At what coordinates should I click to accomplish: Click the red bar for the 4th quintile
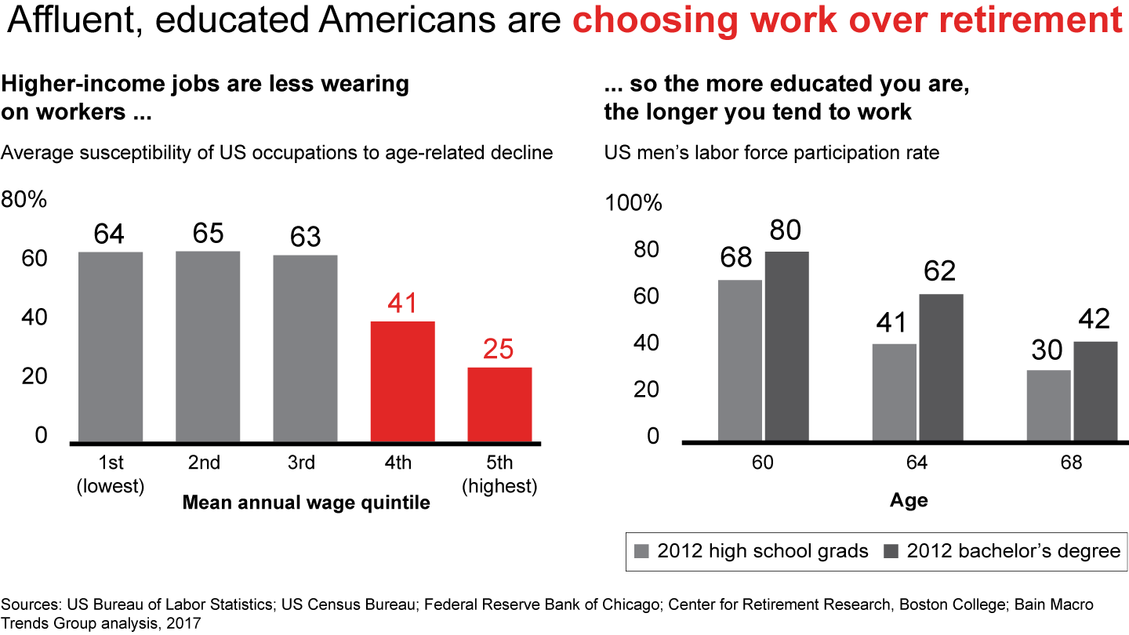coord(402,381)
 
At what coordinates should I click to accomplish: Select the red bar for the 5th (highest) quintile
coord(499,404)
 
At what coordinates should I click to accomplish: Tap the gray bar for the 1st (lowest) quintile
coord(111,347)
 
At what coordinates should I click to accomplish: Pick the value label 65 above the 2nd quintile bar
coord(208,234)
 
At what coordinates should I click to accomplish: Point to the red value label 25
coord(498,350)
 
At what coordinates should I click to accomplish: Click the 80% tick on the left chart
coord(24,200)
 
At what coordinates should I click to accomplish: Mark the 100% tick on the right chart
coord(633,204)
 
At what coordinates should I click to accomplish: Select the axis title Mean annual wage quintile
coord(306,503)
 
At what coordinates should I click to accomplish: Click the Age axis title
coord(909,501)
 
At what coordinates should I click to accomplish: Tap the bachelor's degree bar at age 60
coord(786,345)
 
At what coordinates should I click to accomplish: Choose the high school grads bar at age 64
coord(895,392)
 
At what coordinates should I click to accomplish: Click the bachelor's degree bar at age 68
coord(1095,390)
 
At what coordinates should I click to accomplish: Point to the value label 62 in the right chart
coord(940,271)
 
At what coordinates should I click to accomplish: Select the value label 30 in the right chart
coord(1047,350)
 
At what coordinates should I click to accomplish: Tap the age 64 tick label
coord(917,463)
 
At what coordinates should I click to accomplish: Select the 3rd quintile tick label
coord(301,463)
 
